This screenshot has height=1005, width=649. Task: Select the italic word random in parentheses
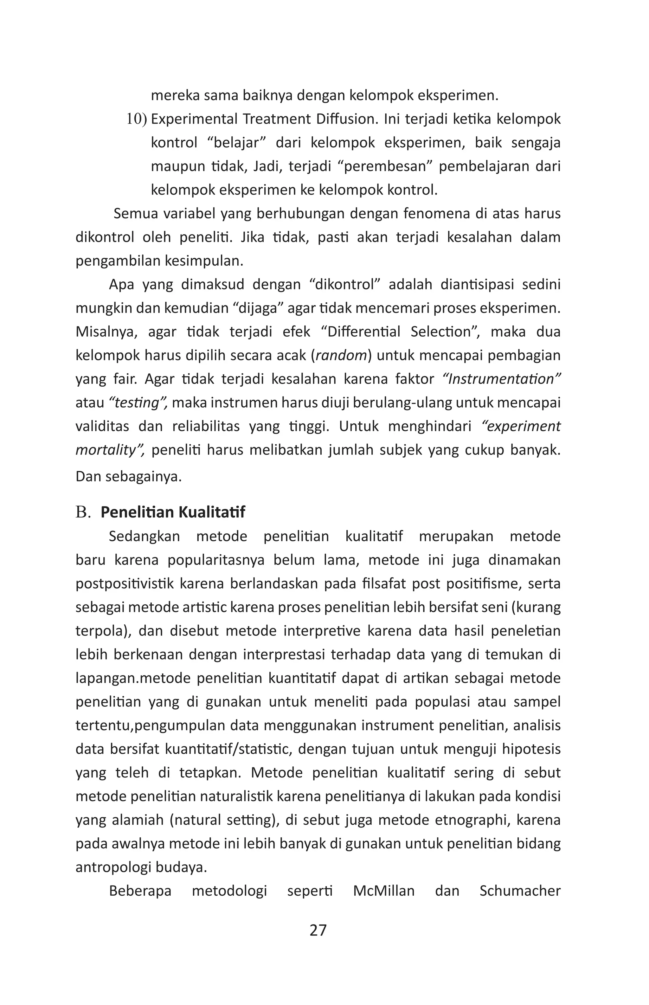[341, 356]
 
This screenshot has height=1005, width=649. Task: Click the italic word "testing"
[139, 403]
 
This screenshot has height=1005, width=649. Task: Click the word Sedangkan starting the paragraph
[144, 537]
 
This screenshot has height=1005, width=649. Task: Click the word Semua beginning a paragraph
[135, 214]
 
